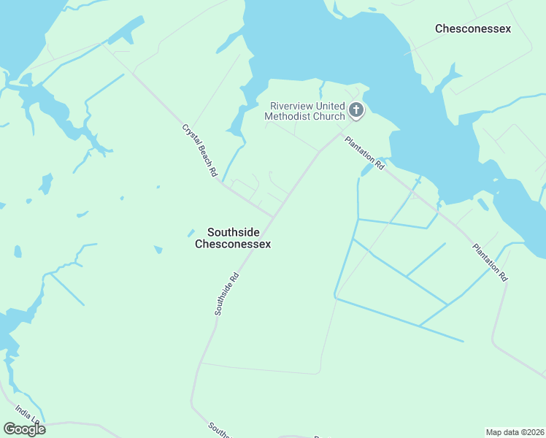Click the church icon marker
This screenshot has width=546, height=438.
[x=355, y=110]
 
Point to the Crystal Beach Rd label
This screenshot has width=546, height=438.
[x=200, y=151]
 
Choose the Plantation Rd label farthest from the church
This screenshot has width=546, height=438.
[x=489, y=262]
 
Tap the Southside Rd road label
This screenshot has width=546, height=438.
[x=227, y=294]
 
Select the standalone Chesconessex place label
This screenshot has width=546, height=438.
[x=472, y=28]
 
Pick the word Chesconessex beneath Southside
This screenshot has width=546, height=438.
[x=233, y=244]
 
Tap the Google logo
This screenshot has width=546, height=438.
[x=24, y=429]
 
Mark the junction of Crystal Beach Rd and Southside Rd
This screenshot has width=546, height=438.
[x=274, y=217]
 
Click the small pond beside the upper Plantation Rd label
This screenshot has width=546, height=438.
[x=366, y=170]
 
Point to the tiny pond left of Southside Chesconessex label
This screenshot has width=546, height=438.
[x=191, y=233]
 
